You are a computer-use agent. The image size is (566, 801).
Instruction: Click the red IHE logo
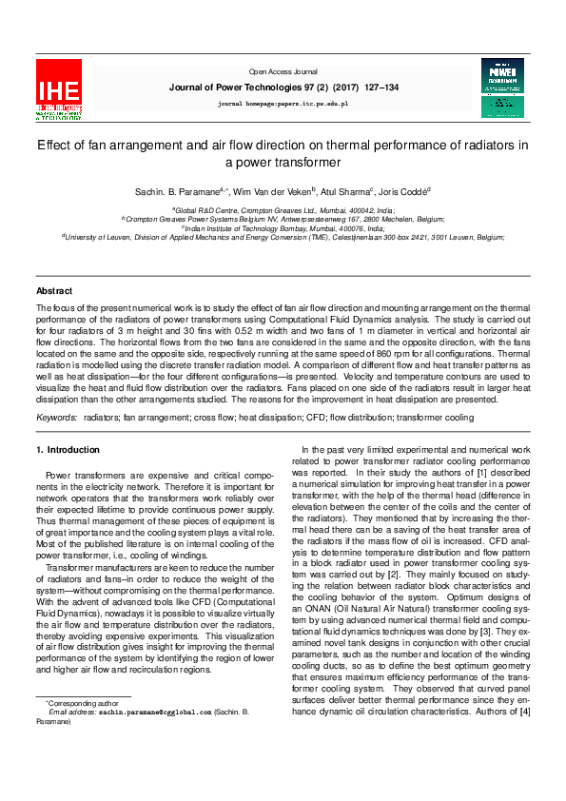coord(59,89)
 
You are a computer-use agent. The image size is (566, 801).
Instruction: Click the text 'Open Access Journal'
coord(283,71)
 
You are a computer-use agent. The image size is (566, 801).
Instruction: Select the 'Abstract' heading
coord(54,290)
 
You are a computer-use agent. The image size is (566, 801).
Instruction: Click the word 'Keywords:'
coord(56,417)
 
